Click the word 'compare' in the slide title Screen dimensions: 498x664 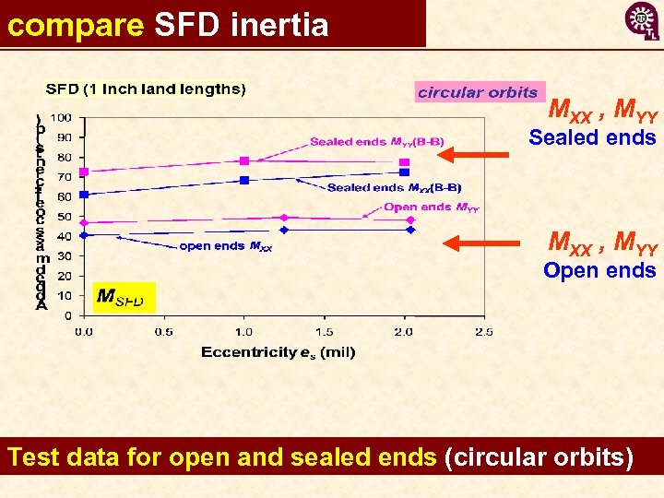pyautogui.click(x=75, y=25)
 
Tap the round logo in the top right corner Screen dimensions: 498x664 pyautogui.click(x=642, y=20)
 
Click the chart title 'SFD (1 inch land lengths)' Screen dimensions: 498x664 pyautogui.click(x=147, y=89)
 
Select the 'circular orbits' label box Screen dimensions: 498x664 pyautogui.click(x=478, y=92)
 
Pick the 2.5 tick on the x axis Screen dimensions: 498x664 pyautogui.click(x=482, y=331)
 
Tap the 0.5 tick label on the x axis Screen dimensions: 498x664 pyautogui.click(x=163, y=331)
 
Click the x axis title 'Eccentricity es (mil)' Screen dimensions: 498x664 pyautogui.click(x=278, y=351)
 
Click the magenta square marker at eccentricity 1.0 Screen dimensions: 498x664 pyautogui.click(x=244, y=161)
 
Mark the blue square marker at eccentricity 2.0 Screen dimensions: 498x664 pyautogui.click(x=404, y=172)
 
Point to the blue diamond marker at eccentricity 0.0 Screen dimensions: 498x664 pyautogui.click(x=84, y=235)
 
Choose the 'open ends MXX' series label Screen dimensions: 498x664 pyautogui.click(x=225, y=246)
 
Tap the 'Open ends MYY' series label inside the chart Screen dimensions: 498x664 pyautogui.click(x=431, y=207)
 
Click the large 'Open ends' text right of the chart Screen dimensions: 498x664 pyautogui.click(x=599, y=270)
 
